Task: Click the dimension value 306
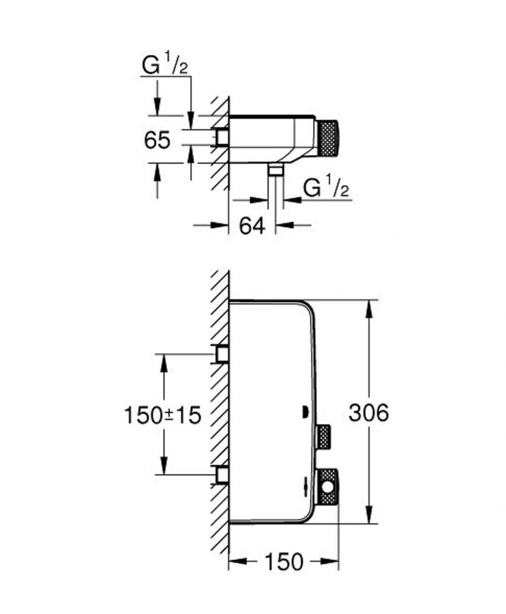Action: click(x=369, y=413)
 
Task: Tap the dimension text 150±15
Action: click(x=161, y=414)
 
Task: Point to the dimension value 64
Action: click(x=252, y=225)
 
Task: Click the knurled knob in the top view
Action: click(x=327, y=138)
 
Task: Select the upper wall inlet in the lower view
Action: click(x=222, y=354)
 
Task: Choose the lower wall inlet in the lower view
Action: click(x=222, y=475)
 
